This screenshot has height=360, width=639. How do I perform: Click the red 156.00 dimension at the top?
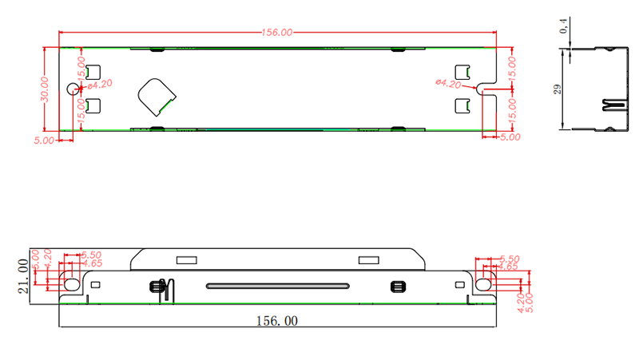[277, 33]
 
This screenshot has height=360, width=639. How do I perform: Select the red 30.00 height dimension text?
[46, 88]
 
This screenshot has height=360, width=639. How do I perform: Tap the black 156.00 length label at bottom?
[276, 321]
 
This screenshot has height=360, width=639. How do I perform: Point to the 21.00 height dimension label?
[23, 275]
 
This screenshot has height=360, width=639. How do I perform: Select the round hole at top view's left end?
[73, 89]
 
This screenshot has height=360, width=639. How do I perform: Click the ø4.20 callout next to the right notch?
[448, 83]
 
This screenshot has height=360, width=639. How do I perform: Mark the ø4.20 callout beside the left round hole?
[99, 83]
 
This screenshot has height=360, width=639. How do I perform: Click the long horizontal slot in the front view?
[277, 286]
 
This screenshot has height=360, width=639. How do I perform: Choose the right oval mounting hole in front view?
[483, 283]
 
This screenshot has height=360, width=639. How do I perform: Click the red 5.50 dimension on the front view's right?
[510, 259]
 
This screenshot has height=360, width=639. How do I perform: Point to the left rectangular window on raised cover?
[186, 259]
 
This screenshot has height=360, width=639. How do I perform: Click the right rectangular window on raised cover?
[368, 259]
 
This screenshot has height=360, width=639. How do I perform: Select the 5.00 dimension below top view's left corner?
[44, 140]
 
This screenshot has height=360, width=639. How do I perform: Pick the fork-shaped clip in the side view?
[613, 105]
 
